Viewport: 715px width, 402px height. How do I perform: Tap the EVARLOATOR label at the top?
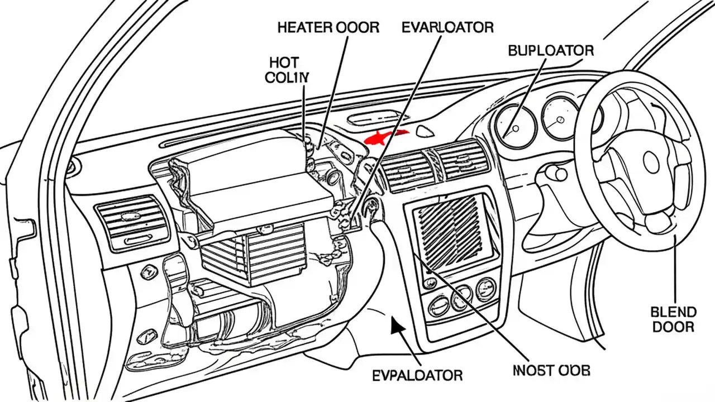coord(447,27)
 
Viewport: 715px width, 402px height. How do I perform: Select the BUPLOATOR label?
coord(550,50)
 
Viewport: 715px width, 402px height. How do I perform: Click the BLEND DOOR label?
coord(673,319)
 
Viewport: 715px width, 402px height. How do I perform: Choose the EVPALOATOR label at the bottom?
coord(417,375)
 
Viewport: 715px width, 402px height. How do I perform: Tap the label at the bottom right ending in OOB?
coord(551,370)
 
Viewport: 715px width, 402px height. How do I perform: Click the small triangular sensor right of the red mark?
coord(426,132)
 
